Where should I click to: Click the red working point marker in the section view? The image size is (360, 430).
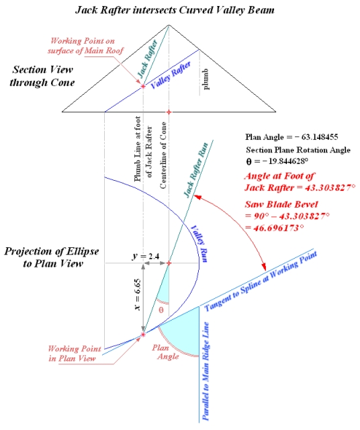click(x=143, y=87)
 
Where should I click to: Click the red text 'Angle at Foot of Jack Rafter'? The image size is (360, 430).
click(x=292, y=181)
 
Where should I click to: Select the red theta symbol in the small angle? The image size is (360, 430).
click(x=160, y=310)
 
